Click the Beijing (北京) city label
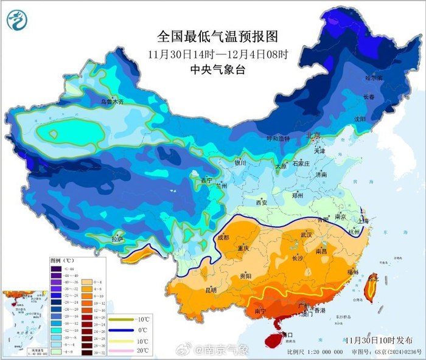tap(313, 136)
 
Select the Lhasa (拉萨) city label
tap(119, 239)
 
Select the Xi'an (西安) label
tap(262, 202)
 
